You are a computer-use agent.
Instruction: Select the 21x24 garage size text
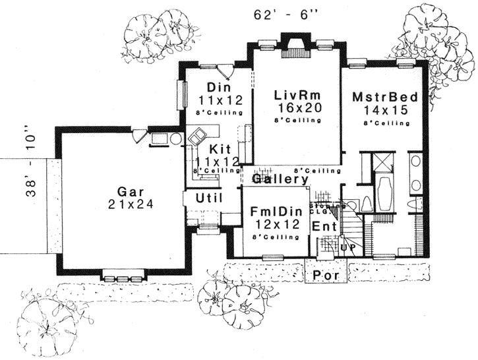tap(131, 205)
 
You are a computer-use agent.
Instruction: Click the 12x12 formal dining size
tap(275, 225)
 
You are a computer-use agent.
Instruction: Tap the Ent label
tap(324, 226)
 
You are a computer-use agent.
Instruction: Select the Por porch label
tap(326, 275)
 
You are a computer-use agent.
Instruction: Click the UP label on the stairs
tap(347, 247)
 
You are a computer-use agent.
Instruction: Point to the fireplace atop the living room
tap(291, 41)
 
